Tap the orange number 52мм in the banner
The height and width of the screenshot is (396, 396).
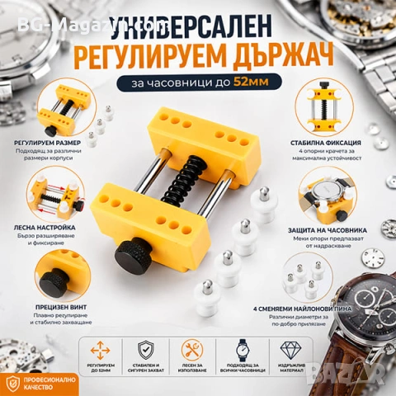[266, 82]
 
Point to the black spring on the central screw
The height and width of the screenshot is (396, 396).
[183, 178]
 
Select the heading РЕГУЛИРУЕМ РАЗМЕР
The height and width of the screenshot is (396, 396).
[48, 143]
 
